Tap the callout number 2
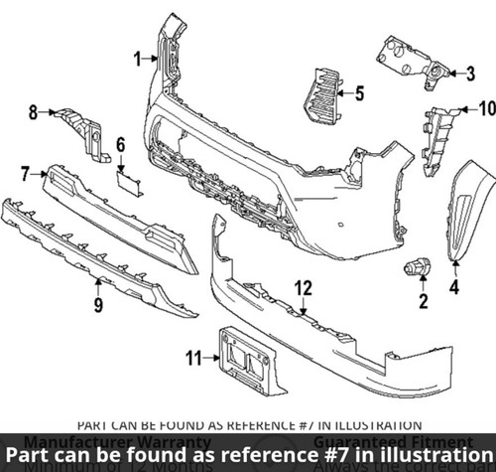click(424, 300)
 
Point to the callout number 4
click(455, 288)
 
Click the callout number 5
click(359, 94)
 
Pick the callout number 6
click(121, 145)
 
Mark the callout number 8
click(33, 112)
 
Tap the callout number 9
click(98, 304)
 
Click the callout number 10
click(486, 107)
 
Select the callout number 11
click(194, 356)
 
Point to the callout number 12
click(303, 288)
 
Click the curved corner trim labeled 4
click(466, 209)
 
